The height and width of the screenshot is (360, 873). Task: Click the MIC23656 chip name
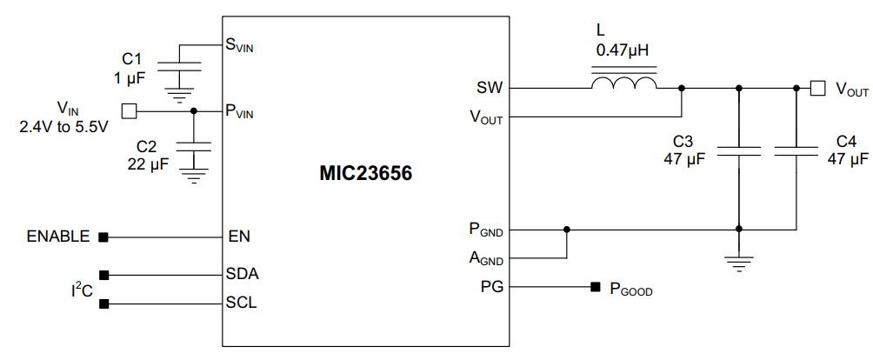[364, 174]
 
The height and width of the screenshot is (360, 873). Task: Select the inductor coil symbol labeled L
[623, 83]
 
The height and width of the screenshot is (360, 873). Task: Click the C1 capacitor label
[132, 59]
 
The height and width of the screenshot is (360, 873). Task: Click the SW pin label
[489, 88]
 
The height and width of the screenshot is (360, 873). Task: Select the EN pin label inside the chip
[239, 236]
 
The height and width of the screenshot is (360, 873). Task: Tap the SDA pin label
[243, 274]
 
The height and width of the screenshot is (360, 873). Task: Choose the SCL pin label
[242, 303]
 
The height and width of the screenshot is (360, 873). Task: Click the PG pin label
[490, 286]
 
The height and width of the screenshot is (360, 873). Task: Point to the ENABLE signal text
[58, 236]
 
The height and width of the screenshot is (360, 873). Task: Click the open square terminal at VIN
[129, 110]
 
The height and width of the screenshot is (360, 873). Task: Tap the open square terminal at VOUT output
[816, 88]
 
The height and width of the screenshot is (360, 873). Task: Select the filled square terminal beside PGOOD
[596, 286]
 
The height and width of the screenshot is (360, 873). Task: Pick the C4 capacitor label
[846, 141]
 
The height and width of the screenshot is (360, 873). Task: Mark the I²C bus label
[82, 290]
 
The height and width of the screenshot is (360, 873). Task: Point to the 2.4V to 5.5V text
[63, 127]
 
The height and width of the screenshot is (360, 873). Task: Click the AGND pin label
[486, 258]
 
